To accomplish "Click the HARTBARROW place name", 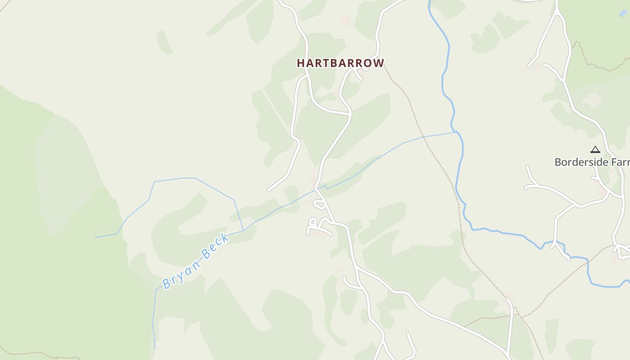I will point(341,63).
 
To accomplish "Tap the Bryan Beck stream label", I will point(196,261).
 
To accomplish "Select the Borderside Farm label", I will point(592,162).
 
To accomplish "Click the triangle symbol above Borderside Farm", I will point(595,149).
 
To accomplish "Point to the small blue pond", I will point(623,13).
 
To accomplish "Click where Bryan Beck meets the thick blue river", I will point(457,132).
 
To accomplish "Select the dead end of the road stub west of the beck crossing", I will point(269,190).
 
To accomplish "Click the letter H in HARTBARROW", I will point(301,63).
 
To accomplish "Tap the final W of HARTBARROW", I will point(379,63).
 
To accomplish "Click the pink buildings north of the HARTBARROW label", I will point(346,20).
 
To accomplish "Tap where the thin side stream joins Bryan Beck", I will point(243,231).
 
